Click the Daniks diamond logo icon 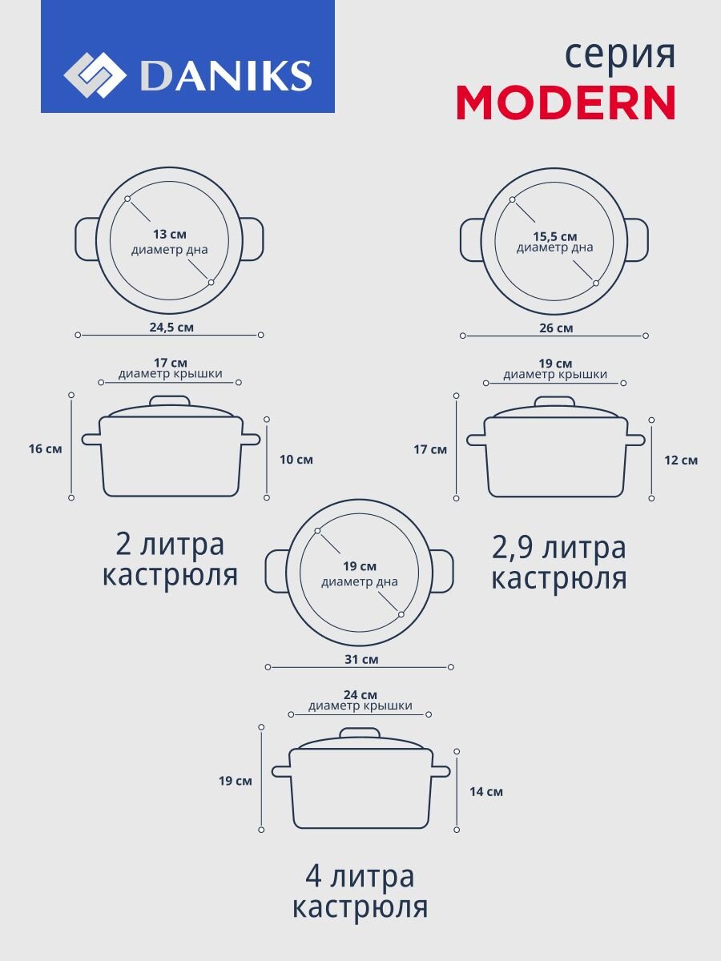(x=95, y=75)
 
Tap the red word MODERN (x=566, y=103)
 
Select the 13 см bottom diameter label (x=170, y=235)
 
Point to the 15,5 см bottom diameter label (x=554, y=236)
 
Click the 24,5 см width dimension (x=170, y=327)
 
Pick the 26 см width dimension (x=554, y=328)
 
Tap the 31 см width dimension (x=360, y=660)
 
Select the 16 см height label (x=45, y=448)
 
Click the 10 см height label (x=296, y=460)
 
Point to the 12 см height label (x=681, y=460)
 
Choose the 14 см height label (x=486, y=792)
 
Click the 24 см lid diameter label (x=360, y=694)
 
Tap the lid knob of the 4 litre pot (x=360, y=733)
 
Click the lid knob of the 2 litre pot (x=170, y=400)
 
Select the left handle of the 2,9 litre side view (x=476, y=440)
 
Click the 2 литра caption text (x=170, y=545)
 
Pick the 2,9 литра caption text (x=558, y=549)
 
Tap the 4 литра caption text (x=360, y=877)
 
